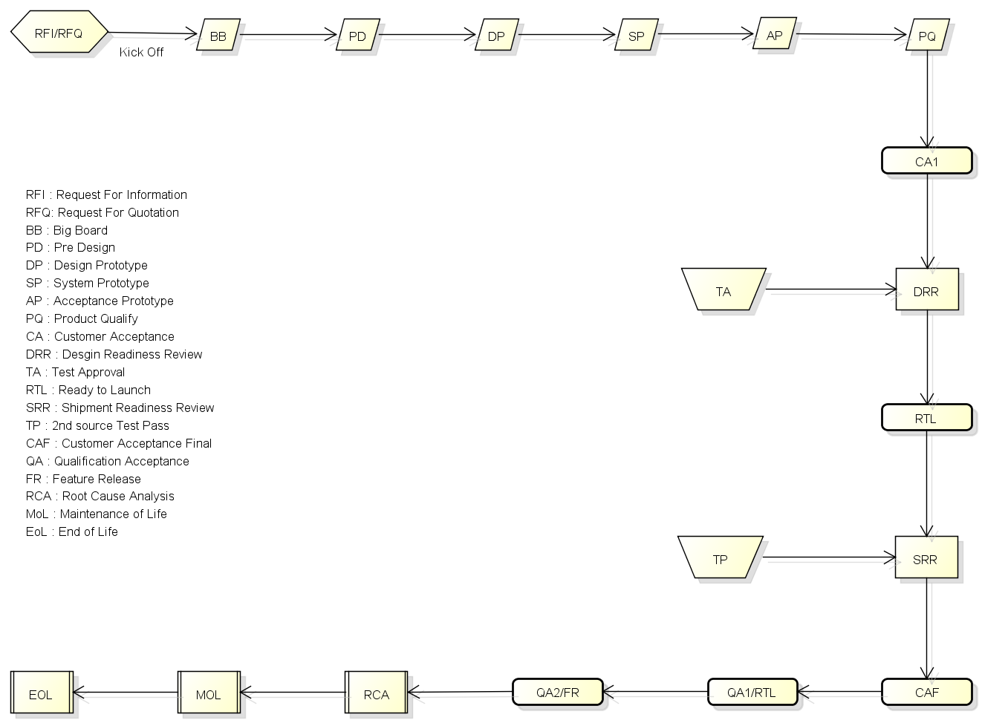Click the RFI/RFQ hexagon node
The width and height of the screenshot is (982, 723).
pyautogui.click(x=59, y=33)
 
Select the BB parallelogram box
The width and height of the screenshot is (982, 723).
pyautogui.click(x=218, y=36)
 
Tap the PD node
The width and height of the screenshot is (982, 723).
pyautogui.click(x=357, y=36)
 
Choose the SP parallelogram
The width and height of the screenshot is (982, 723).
pyautogui.click(x=637, y=36)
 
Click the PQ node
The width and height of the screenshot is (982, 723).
pyautogui.click(x=927, y=36)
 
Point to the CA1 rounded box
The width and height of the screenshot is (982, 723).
pyautogui.click(x=926, y=161)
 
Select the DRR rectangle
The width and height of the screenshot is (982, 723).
pyautogui.click(x=926, y=290)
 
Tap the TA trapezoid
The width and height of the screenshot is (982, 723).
pyautogui.click(x=724, y=290)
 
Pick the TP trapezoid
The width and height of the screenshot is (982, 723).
pyautogui.click(x=721, y=558)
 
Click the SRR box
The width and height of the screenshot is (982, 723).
pyautogui.click(x=926, y=558)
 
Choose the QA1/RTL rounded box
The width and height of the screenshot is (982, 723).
pyautogui.click(x=752, y=692)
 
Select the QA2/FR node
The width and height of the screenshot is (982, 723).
pyautogui.click(x=557, y=692)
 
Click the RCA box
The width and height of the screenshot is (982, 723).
pyautogui.click(x=376, y=693)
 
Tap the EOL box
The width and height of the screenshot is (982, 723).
pyautogui.click(x=42, y=693)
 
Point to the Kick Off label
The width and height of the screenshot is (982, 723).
pyautogui.click(x=141, y=52)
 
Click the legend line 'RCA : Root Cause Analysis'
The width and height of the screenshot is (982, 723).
pyautogui.click(x=100, y=496)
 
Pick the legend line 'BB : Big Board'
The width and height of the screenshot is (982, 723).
pyautogui.click(x=67, y=230)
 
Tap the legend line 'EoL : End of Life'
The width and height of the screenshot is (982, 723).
pyautogui.click(x=72, y=531)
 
